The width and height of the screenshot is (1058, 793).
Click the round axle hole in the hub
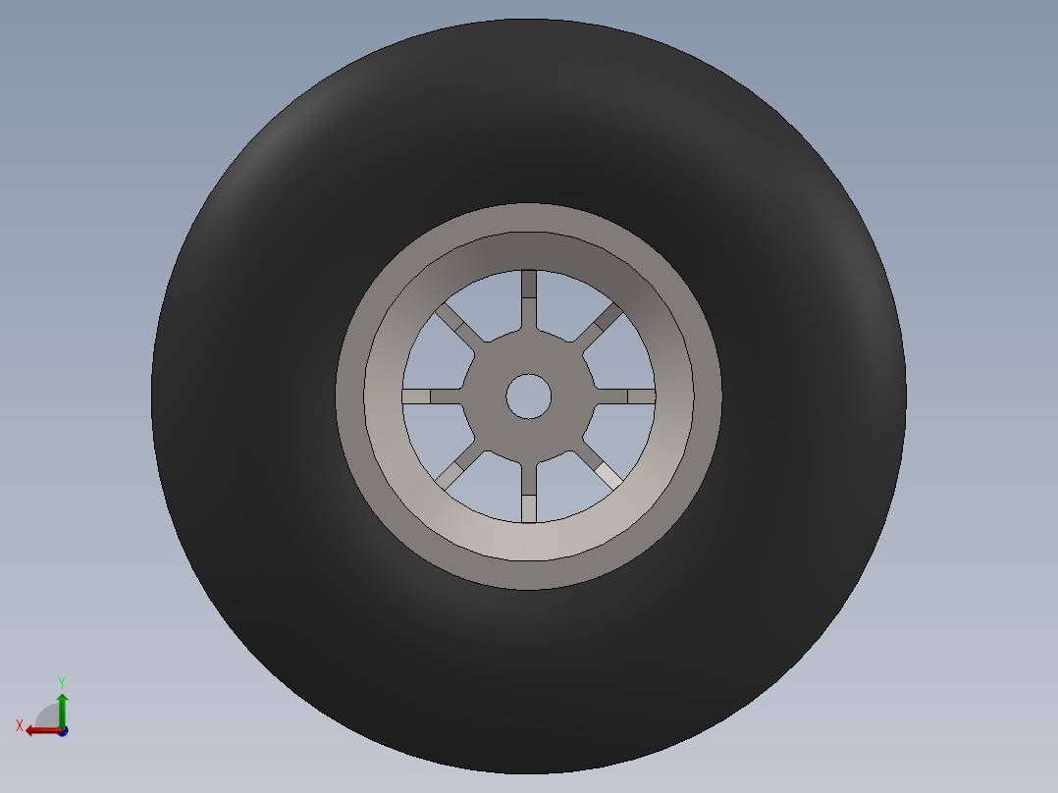click(528, 396)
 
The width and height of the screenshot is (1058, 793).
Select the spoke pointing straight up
click(528, 300)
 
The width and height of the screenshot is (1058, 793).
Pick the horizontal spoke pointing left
click(433, 396)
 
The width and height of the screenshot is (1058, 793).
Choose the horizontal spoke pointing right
click(625, 396)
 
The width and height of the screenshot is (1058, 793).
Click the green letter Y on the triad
click(62, 683)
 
